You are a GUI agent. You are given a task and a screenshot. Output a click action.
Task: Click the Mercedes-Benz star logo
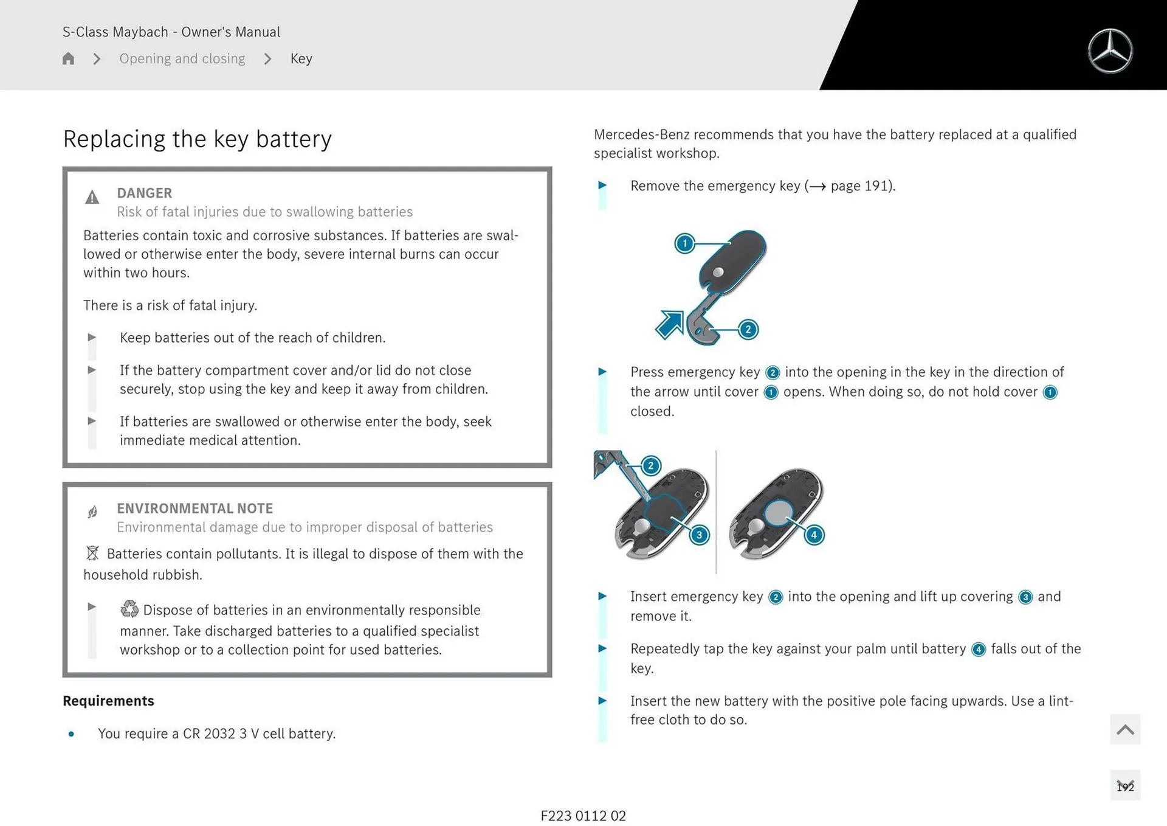(x=1110, y=51)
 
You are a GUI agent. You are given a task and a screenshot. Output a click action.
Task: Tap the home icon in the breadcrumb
(x=68, y=58)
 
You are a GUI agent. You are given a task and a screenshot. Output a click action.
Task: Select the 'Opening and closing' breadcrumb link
(x=182, y=58)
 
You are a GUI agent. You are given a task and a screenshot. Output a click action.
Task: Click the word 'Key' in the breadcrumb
(x=301, y=58)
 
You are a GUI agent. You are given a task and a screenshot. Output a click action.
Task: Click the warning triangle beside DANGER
(x=92, y=197)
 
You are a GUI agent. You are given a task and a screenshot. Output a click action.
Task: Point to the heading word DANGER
(x=144, y=193)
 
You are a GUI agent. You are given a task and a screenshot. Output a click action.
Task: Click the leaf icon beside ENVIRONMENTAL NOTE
(x=92, y=512)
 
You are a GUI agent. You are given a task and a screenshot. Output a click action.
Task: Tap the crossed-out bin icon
(x=92, y=553)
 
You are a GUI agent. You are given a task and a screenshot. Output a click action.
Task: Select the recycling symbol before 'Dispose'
(x=129, y=609)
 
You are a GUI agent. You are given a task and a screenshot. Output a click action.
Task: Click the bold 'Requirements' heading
(x=108, y=701)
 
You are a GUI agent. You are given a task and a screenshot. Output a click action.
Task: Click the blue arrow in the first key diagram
(x=670, y=324)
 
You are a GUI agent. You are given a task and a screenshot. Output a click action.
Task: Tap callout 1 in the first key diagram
(x=684, y=243)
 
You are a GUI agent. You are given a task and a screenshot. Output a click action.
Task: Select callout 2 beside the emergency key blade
(x=748, y=329)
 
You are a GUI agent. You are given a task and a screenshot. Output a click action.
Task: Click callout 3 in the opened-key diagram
(x=699, y=535)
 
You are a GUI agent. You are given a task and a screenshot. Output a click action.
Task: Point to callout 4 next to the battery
(x=814, y=535)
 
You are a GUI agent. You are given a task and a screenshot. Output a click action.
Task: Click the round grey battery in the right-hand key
(x=779, y=513)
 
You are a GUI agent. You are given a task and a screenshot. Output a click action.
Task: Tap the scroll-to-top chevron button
(x=1124, y=729)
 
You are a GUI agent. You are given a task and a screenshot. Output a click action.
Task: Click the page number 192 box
(x=1124, y=786)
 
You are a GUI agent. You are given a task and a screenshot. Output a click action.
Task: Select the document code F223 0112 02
(x=583, y=816)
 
